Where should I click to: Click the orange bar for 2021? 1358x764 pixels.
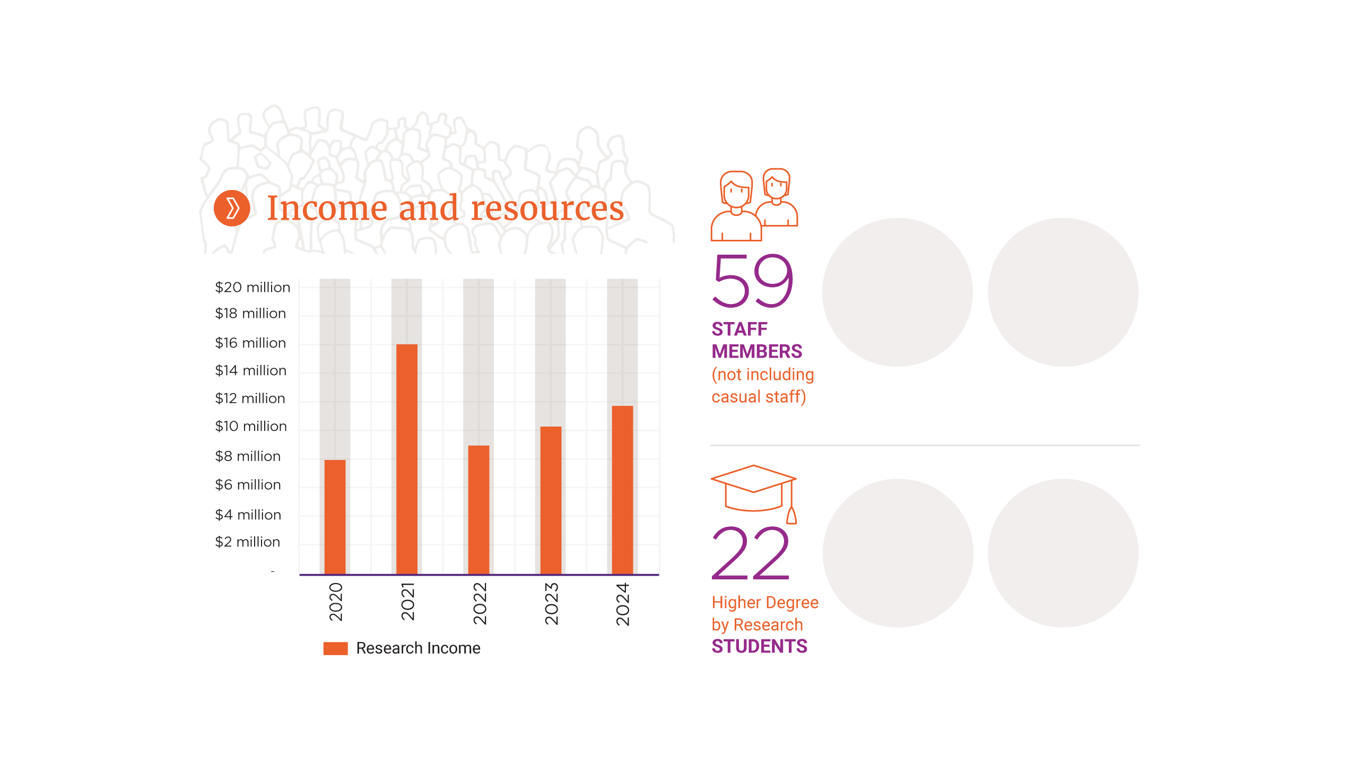(x=407, y=459)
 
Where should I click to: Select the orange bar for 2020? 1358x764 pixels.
(x=335, y=517)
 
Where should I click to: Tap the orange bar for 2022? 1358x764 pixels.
(x=478, y=509)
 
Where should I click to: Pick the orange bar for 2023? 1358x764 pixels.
(x=551, y=500)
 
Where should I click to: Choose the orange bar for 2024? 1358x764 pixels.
(x=622, y=490)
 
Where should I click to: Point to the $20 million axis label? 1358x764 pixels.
(x=253, y=288)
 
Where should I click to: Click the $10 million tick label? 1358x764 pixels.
(x=251, y=427)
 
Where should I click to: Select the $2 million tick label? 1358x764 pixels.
(x=247, y=542)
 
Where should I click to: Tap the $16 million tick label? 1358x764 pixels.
(x=250, y=343)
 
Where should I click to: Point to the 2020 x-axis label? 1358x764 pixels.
(x=336, y=602)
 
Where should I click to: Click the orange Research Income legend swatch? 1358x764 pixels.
(x=335, y=648)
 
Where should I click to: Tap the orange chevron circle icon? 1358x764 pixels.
(x=232, y=208)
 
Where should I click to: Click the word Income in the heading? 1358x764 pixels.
(x=327, y=208)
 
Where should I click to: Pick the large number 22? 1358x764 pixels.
(x=751, y=553)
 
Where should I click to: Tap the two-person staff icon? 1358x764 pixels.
(x=754, y=205)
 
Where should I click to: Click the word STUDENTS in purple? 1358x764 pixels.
(x=759, y=647)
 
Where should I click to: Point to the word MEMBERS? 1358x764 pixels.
(x=756, y=352)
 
